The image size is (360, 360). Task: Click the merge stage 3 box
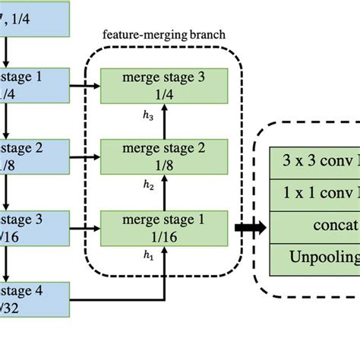[163, 85]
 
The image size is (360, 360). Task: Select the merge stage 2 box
[163, 156]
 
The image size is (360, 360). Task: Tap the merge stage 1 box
[163, 228]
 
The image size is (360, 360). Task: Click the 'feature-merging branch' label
[163, 36]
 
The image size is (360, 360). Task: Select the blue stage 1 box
[34, 85]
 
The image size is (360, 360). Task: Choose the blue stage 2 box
[34, 156]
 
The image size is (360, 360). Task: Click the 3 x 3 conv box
[315, 161]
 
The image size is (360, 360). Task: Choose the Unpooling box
[315, 257]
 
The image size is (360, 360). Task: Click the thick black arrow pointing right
[249, 227]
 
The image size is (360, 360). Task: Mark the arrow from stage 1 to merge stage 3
[85, 86]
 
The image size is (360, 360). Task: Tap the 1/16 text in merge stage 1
[163, 236]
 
